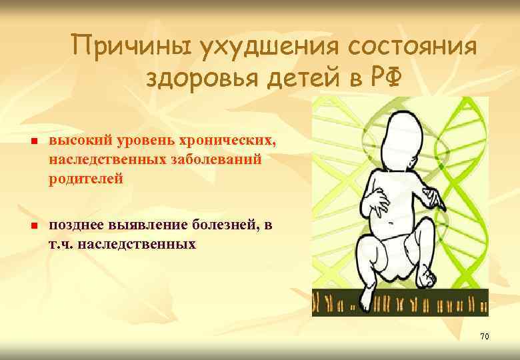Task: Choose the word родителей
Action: pos(85,179)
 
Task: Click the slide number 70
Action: pos(484,337)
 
